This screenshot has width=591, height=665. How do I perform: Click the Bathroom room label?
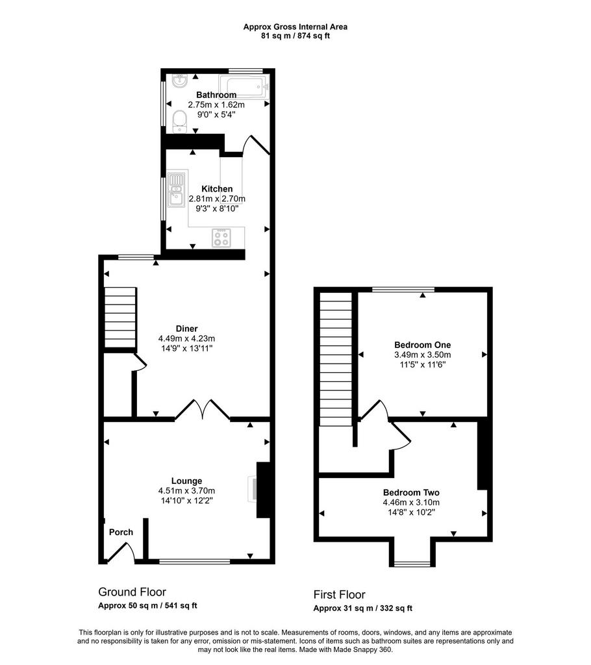(216, 95)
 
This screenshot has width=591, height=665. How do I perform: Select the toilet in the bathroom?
(179, 121)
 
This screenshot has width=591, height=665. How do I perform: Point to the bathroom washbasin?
(181, 81)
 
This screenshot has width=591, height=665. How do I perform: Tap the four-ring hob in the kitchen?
(221, 238)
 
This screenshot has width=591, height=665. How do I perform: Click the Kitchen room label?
(217, 189)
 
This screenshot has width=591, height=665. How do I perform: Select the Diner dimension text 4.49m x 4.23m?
(186, 338)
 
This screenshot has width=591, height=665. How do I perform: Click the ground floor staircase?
(121, 318)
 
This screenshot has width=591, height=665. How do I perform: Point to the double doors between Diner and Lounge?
(203, 410)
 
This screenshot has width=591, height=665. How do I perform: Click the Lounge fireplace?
(260, 490)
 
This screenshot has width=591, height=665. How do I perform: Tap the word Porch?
(121, 533)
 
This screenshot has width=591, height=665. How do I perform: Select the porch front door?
(121, 552)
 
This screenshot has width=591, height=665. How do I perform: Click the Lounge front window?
(195, 562)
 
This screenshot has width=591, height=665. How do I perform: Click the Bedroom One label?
(423, 345)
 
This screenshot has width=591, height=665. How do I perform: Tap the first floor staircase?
(336, 359)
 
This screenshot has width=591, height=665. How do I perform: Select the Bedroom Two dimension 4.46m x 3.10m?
(411, 503)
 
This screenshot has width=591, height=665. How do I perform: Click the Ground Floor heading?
(132, 592)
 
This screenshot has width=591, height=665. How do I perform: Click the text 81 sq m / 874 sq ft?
(295, 36)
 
